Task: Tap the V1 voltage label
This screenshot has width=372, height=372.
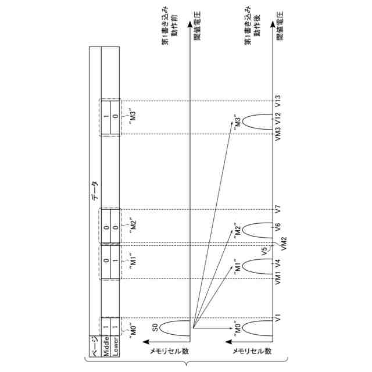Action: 278,318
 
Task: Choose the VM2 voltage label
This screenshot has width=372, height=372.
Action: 278,244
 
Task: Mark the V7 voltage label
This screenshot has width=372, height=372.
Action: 278,208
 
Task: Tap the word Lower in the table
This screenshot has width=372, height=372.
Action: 116,345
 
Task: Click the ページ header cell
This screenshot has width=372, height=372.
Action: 95,345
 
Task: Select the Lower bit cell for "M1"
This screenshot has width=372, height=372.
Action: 116,262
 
